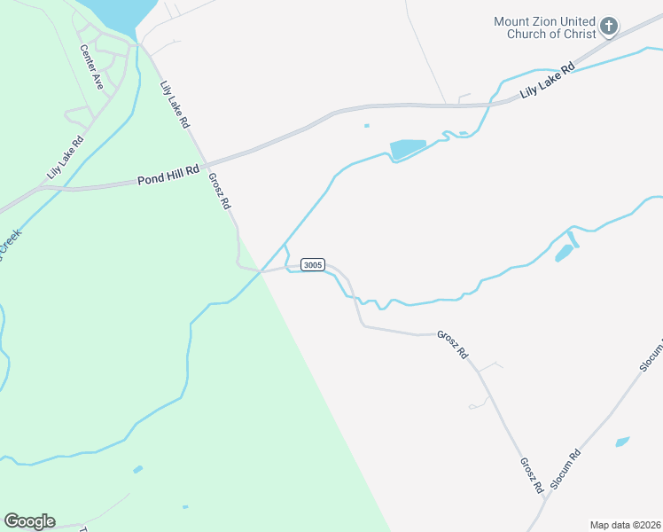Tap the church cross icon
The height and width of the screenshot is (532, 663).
click(x=609, y=27)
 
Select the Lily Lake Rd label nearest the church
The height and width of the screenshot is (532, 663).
click(x=548, y=79)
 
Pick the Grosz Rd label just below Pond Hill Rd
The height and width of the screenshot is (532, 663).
click(x=219, y=191)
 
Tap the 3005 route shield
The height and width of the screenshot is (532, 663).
click(x=313, y=265)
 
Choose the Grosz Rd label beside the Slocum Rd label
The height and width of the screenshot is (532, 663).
click(x=531, y=475)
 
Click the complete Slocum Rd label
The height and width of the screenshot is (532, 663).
click(x=565, y=469)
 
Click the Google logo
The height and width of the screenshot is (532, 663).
click(x=29, y=521)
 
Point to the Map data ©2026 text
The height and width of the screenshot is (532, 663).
click(x=625, y=525)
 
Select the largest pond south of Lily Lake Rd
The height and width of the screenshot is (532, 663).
click(x=407, y=148)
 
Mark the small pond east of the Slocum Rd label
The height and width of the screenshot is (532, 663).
click(x=622, y=441)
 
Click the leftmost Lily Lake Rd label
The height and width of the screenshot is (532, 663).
click(x=66, y=154)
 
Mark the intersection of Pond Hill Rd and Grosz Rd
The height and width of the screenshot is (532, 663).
click(x=206, y=163)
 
